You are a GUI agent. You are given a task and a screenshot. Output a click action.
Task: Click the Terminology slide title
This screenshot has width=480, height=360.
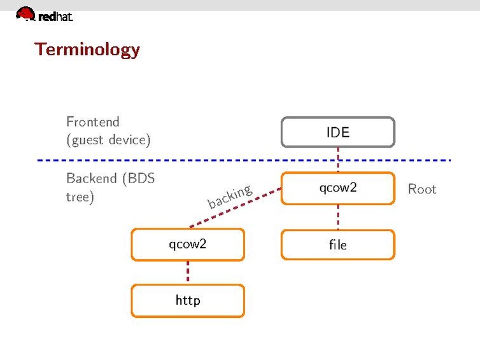(x=87, y=50)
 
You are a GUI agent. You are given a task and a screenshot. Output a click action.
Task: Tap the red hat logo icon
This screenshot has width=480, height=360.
(x=25, y=13)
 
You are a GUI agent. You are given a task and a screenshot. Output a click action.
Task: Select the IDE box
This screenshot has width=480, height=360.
(x=338, y=132)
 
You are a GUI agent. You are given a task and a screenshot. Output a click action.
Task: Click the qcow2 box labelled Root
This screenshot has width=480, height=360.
(x=338, y=188)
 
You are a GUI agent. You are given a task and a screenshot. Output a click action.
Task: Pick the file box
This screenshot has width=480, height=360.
(x=338, y=244)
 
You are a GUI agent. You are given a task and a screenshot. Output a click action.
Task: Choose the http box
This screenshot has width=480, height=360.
(x=188, y=300)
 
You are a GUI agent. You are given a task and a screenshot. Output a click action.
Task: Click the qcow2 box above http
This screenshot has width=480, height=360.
(x=188, y=244)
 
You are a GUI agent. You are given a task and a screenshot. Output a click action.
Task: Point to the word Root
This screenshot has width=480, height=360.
(x=422, y=189)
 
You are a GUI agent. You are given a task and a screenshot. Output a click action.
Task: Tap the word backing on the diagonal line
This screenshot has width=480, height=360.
(x=230, y=196)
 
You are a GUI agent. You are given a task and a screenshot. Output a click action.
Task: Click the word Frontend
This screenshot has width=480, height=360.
(x=93, y=121)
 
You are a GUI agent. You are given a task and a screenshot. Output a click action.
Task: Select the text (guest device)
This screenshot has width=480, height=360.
(x=108, y=140)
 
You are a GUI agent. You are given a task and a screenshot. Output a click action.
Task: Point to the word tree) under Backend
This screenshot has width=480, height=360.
(x=80, y=197)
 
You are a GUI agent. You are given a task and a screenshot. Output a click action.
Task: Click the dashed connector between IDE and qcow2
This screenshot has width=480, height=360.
(x=338, y=159)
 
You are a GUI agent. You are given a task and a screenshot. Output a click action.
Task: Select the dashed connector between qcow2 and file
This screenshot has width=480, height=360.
(x=338, y=216)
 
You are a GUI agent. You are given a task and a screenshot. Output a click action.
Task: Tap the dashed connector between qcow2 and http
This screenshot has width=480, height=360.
(x=188, y=272)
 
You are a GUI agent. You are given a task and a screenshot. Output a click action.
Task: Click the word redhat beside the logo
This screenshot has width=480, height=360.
(x=55, y=17)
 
